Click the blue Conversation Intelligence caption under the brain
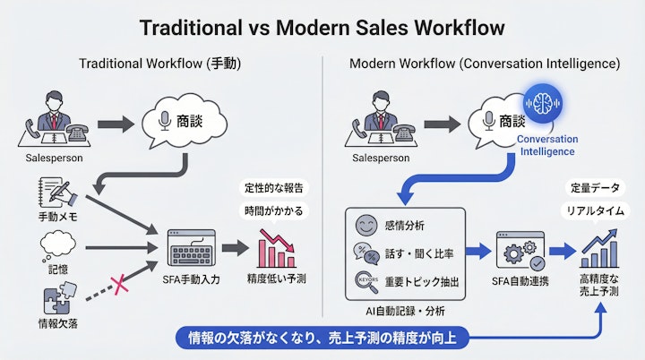pyautogui.click(x=546, y=145)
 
